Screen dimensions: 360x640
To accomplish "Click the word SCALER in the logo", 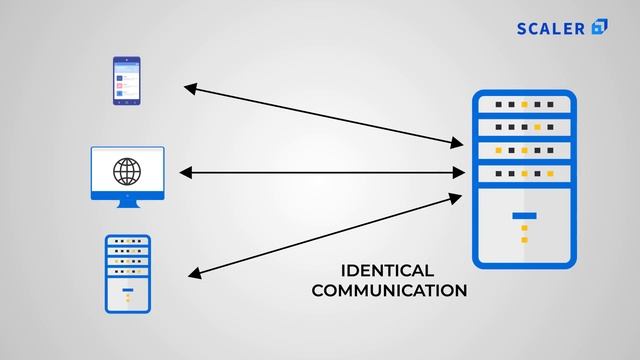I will [x=551, y=27].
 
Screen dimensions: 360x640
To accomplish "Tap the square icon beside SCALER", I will [x=600, y=27].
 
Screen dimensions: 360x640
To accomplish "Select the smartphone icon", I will [x=127, y=81].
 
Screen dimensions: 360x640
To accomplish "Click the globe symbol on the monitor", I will [x=127, y=172].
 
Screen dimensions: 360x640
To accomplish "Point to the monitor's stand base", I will [x=127, y=205].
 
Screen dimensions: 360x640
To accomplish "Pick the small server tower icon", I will [x=127, y=274].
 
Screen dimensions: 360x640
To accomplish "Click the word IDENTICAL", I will [x=387, y=271].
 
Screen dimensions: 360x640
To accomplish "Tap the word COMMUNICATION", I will [x=389, y=291].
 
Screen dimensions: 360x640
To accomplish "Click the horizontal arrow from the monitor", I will [x=320, y=173].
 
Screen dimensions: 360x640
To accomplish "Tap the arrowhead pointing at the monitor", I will [x=184, y=173].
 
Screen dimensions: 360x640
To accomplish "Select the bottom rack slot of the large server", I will [x=524, y=173].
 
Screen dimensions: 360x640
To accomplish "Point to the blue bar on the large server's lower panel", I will [x=524, y=215].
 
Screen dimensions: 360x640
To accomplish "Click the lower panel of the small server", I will [x=127, y=295].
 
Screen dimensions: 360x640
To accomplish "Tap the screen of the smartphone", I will [x=127, y=80].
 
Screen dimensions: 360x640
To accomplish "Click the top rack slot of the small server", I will [x=127, y=242].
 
